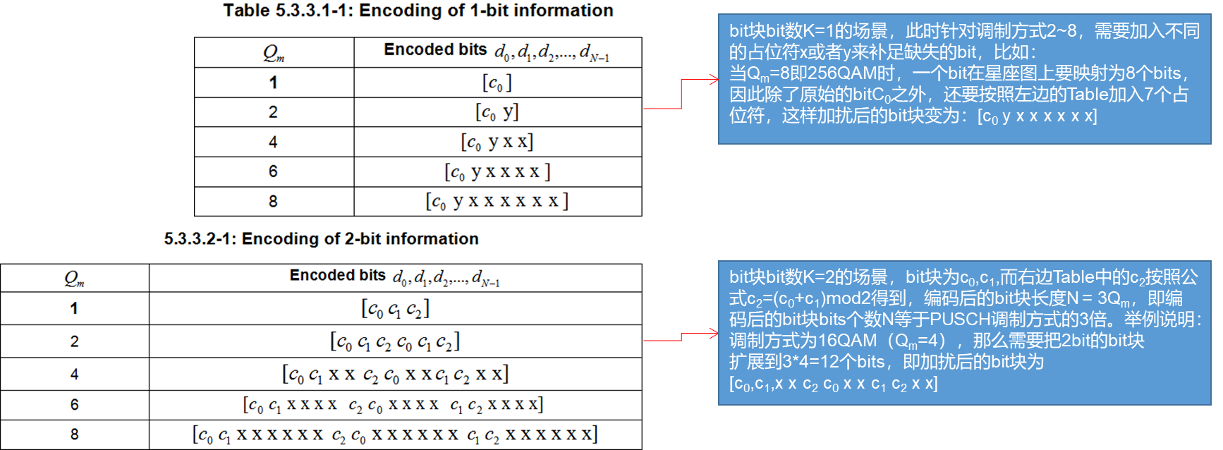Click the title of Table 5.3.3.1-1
coord(418,11)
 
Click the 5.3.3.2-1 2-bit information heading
coord(321,239)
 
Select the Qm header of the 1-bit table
coord(274,53)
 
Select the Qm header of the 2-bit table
coord(74,279)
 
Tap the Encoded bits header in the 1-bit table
coord(497,51)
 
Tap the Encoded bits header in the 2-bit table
coord(395,276)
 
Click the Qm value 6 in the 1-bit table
coord(273,171)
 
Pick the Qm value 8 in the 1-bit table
coord(273,202)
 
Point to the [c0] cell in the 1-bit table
coord(497,83)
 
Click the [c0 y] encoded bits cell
coord(497,112)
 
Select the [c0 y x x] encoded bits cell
coord(497,142)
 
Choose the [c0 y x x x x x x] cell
coord(497,202)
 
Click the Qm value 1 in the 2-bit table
coord(74,309)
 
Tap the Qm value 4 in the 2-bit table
coord(74,375)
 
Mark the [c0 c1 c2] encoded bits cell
coord(395,309)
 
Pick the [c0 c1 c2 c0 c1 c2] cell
coord(395,342)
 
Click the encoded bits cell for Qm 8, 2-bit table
coord(395,434)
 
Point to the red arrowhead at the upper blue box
coord(714,80)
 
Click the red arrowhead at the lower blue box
coord(714,334)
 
